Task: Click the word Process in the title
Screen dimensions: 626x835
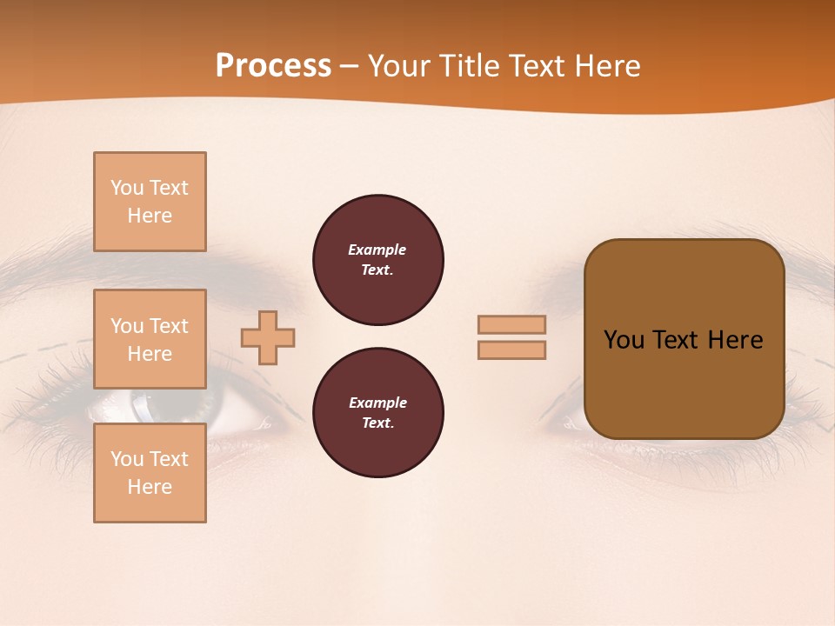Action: [x=273, y=66]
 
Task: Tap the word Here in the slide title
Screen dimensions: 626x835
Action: [x=606, y=66]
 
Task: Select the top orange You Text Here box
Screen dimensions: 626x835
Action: [x=150, y=202]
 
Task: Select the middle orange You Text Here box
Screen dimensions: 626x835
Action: [x=150, y=339]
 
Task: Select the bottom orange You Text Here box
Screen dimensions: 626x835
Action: [x=150, y=473]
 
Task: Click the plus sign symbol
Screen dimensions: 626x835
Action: [x=268, y=337]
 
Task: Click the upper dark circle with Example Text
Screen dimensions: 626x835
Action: [x=377, y=260]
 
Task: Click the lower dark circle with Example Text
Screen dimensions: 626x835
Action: [x=377, y=413]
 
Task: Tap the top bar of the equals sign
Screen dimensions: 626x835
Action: [x=511, y=324]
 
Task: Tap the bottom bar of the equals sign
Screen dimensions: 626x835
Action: [x=511, y=350]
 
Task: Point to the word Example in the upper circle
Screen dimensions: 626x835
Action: [x=377, y=250]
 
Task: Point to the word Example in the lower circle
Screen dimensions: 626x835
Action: [x=377, y=403]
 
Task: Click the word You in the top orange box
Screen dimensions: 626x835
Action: [x=127, y=188]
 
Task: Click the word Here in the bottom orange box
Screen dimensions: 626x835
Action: [x=150, y=487]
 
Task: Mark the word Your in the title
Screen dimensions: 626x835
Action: [x=397, y=66]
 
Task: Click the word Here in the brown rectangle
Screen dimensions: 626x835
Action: [x=735, y=340]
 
